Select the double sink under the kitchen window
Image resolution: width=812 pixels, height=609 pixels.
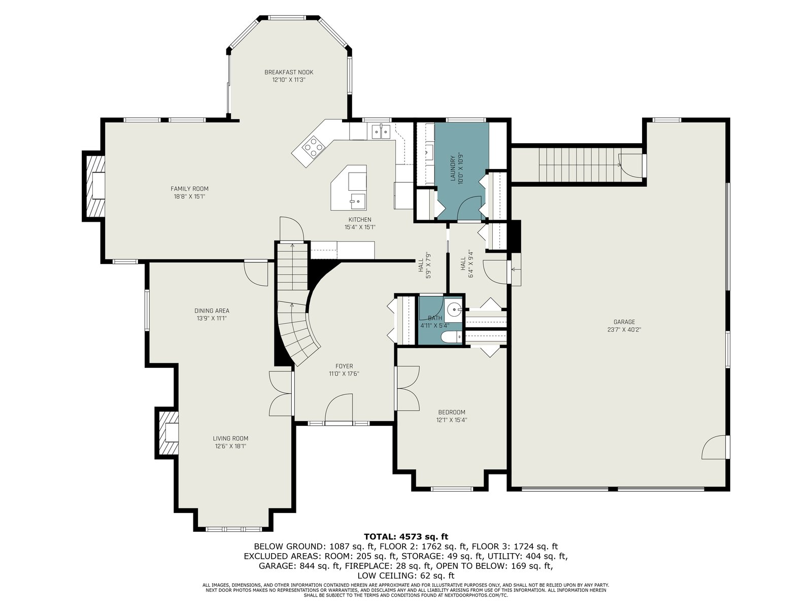click(x=381, y=131)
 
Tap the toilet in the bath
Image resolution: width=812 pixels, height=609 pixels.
click(x=451, y=336)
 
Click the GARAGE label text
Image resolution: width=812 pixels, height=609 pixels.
click(x=624, y=322)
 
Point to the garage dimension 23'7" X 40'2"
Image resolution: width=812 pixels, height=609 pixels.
click(x=624, y=329)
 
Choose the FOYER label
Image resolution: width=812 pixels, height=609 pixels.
click(x=344, y=366)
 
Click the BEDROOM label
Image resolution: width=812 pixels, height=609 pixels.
click(x=452, y=412)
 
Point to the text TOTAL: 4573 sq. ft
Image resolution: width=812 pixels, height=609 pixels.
click(x=406, y=536)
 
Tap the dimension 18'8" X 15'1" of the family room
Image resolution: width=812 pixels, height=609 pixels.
click(x=189, y=196)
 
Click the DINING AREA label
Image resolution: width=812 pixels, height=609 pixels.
click(x=212, y=311)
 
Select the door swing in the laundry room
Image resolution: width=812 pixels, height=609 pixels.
click(x=470, y=209)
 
